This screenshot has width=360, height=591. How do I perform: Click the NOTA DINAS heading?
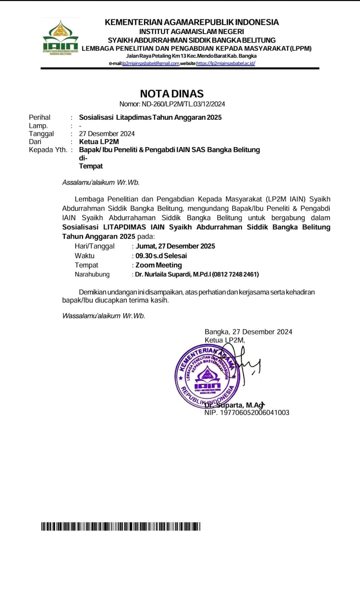[172, 93]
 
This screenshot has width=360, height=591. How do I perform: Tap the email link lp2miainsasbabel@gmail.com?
[151, 64]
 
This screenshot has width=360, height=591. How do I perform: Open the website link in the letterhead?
[226, 64]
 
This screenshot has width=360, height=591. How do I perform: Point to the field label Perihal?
[40, 117]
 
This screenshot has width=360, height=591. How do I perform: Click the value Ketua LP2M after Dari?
[99, 142]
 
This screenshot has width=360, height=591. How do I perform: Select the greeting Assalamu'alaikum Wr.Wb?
[101, 182]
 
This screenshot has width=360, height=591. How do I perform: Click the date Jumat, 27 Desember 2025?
[175, 246]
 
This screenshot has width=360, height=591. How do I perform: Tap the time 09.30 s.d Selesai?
[161, 256]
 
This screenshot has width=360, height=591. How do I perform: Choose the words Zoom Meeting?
[159, 265]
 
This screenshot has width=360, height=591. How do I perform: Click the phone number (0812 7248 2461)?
[236, 274]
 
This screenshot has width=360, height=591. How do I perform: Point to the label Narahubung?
[92, 274]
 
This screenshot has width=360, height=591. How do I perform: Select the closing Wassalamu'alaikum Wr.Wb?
[104, 316]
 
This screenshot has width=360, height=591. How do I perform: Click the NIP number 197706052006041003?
[255, 413]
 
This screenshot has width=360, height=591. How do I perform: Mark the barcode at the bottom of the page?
[121, 526]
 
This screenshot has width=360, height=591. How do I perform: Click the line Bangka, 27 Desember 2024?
[248, 332]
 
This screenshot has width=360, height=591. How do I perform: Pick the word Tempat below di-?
[91, 166]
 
